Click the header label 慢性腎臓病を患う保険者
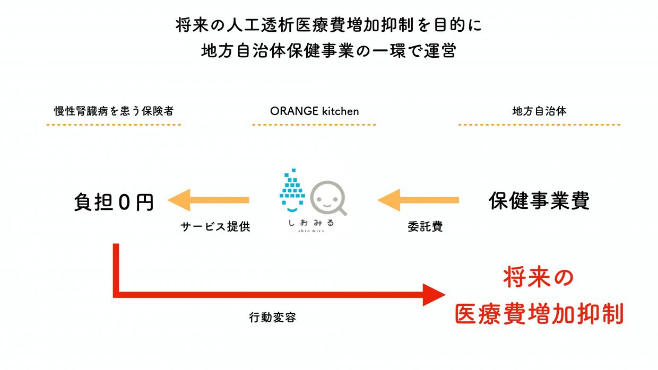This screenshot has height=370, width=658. [114, 111]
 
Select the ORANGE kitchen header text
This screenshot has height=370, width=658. [314, 111]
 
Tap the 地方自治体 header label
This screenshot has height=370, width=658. [539, 111]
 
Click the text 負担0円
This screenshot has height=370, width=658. [114, 202]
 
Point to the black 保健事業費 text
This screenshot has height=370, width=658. [539, 201]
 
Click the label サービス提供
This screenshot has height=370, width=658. [215, 227]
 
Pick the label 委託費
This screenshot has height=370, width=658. [425, 227]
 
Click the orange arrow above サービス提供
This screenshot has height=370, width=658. [208, 200]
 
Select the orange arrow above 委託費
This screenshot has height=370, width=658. [418, 200]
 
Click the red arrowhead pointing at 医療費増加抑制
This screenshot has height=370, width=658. [432, 294]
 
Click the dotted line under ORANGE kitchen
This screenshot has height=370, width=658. [314, 125]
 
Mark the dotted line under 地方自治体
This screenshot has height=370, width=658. [539, 125]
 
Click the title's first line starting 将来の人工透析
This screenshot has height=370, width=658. [328, 25]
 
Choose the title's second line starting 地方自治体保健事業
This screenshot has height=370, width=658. [328, 51]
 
